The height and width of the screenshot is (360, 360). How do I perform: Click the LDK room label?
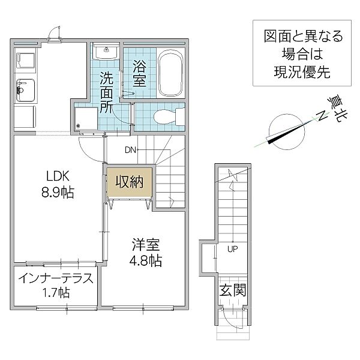click(58, 176)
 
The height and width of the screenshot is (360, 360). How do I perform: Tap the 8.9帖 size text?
click(58, 192)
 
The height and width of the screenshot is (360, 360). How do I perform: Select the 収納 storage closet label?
click(129, 182)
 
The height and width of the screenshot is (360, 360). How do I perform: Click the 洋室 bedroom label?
click(146, 245)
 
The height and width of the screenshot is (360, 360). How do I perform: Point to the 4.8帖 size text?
click(146, 260)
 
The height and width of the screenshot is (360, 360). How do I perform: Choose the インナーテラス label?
click(56, 278)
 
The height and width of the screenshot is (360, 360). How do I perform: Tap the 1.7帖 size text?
click(56, 293)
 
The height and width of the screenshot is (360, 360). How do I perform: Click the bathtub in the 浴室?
click(170, 73)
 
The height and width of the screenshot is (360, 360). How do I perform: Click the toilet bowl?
click(169, 117)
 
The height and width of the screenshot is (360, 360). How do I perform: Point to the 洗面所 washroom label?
click(107, 92)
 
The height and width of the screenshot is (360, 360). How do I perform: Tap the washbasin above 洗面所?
click(106, 52)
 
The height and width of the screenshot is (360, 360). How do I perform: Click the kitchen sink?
click(25, 91)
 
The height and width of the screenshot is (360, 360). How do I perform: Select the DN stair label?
click(130, 150)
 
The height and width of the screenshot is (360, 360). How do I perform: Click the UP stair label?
click(233, 249)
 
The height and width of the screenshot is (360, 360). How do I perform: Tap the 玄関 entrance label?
click(233, 290)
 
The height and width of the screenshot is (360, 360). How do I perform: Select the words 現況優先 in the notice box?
click(302, 72)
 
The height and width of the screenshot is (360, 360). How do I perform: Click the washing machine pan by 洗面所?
click(86, 118)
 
